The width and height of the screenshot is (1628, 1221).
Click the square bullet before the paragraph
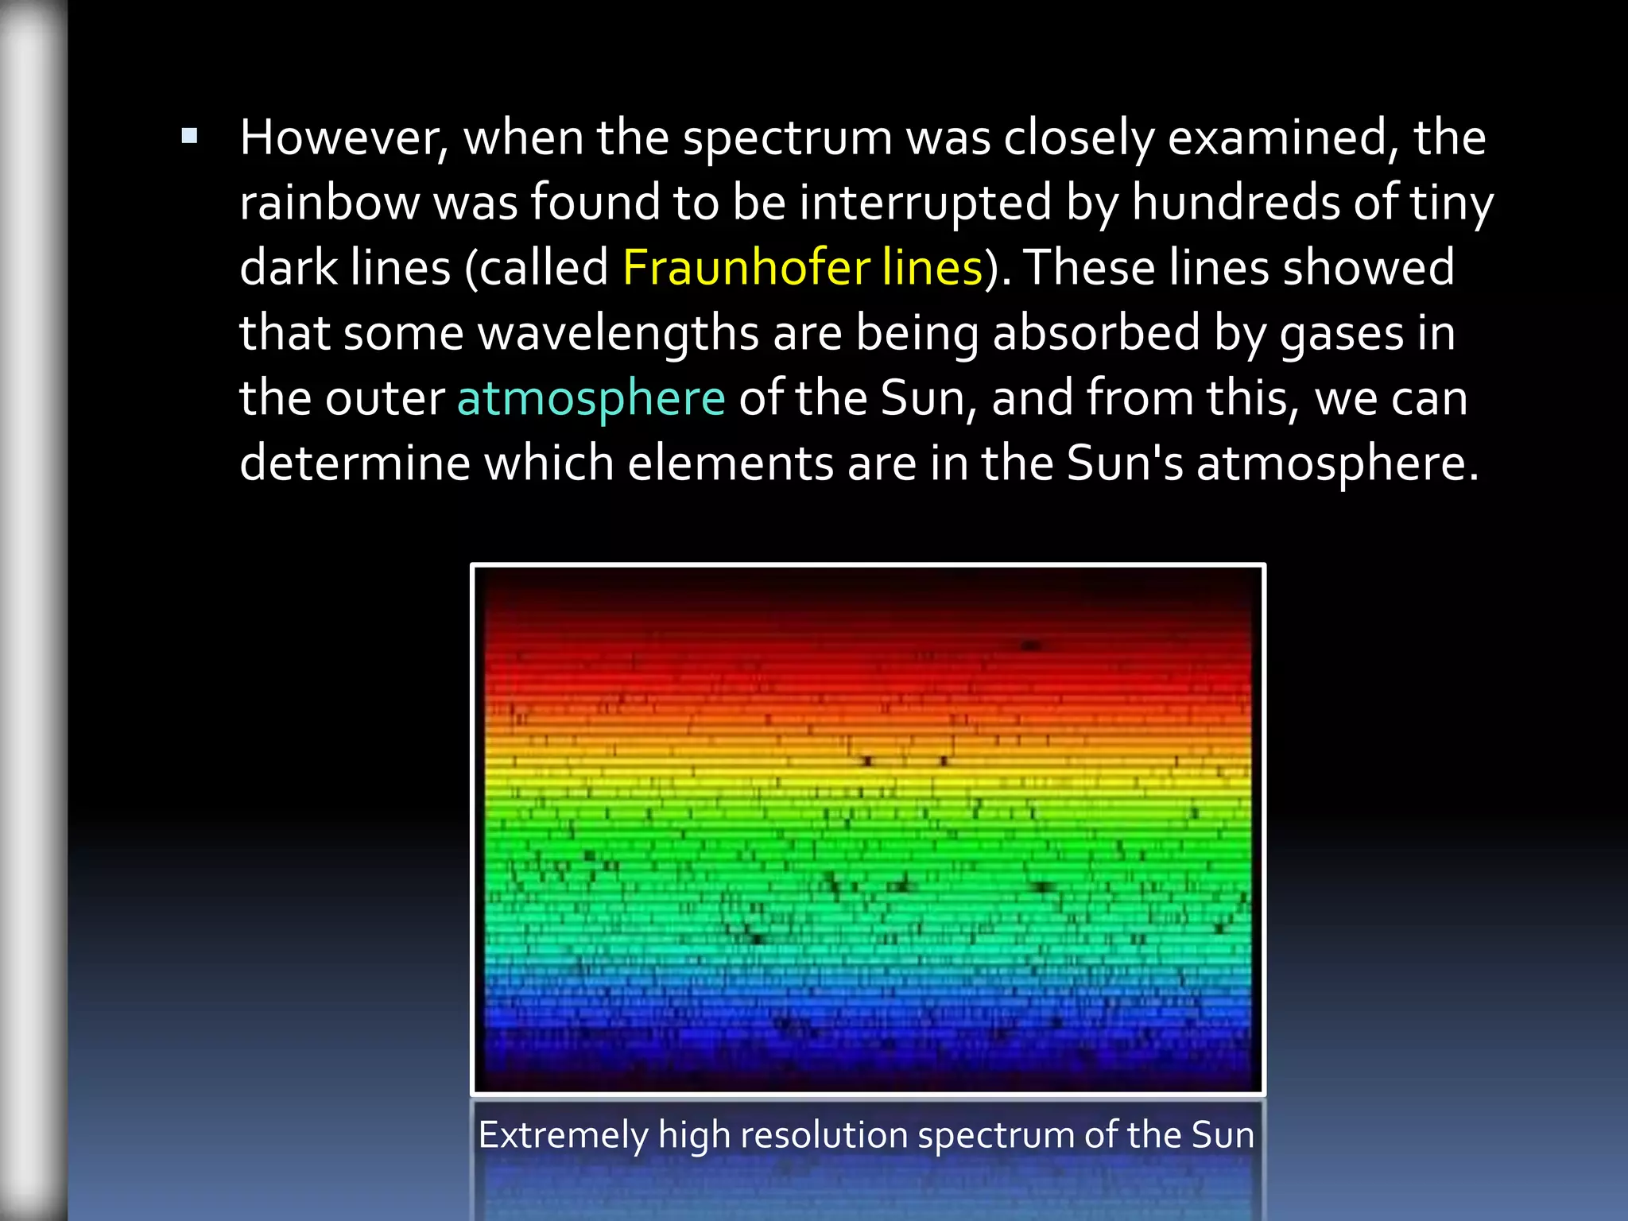pyautogui.click(x=189, y=137)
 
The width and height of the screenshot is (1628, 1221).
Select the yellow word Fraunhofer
pyautogui.click(x=745, y=267)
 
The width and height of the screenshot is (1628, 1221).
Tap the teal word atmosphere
pyautogui.click(x=591, y=398)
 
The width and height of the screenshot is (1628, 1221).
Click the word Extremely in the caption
pyautogui.click(x=563, y=1135)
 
